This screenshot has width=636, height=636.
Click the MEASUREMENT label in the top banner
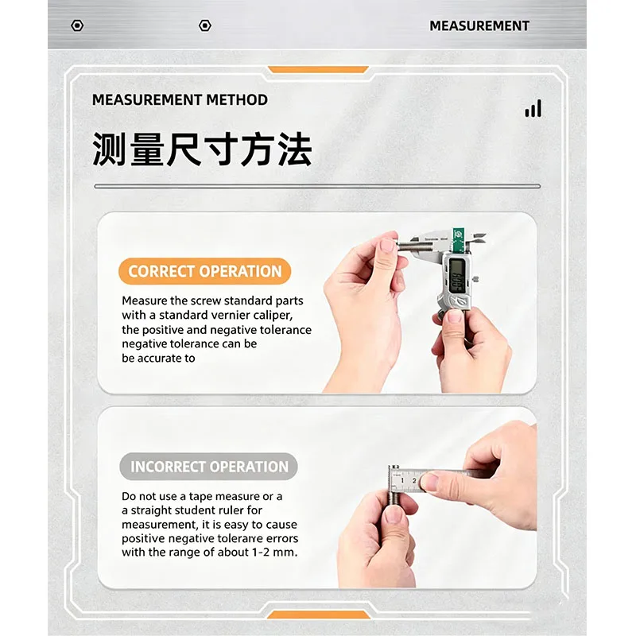pos(479,25)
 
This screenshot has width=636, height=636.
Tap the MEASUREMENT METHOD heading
pos(180,100)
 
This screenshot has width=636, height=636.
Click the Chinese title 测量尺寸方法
pos(202,149)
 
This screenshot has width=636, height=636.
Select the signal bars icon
pos(533,108)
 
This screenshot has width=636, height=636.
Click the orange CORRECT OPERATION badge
pos(205,271)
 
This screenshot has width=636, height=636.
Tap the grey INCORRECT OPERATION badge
pos(209,467)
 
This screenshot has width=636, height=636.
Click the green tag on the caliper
pos(459,239)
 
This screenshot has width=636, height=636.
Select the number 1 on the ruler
pos(402,481)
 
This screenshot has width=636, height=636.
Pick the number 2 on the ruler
pos(414,481)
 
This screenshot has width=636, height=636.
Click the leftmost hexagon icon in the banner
pos(77,25)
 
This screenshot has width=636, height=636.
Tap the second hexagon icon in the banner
pos(205,25)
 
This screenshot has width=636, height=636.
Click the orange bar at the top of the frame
pos(318,70)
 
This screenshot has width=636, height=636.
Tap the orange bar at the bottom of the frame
pos(319,615)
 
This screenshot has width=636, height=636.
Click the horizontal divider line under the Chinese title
pos(317,186)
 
